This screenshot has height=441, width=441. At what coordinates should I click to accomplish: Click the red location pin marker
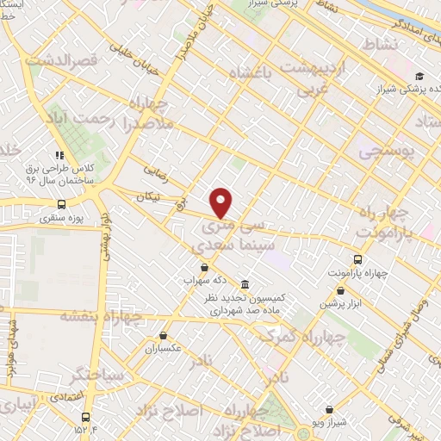click(221, 202)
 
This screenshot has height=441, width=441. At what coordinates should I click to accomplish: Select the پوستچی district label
click(385, 152)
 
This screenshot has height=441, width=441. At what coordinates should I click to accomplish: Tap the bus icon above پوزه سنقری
click(61, 205)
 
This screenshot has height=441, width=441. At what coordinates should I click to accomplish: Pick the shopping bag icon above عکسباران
click(164, 336)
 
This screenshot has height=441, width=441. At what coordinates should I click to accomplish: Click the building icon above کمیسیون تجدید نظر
click(245, 285)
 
